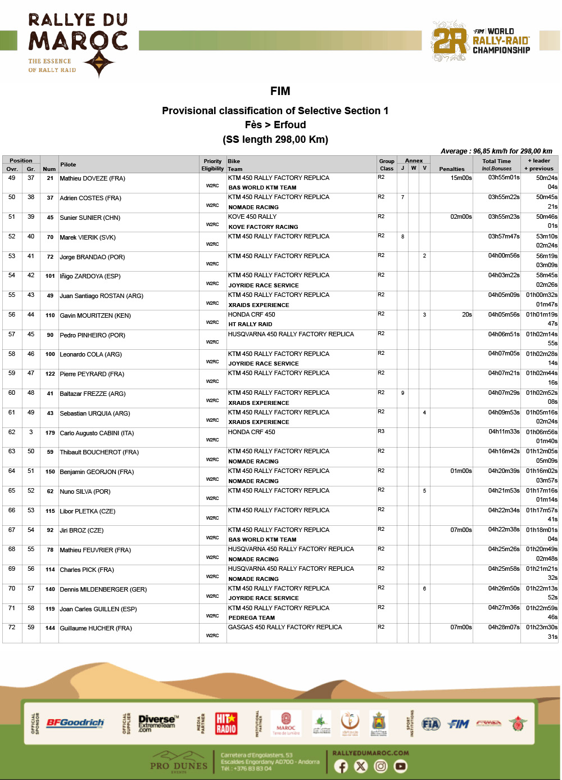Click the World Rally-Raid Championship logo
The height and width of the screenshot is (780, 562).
pyautogui.click(x=481, y=41)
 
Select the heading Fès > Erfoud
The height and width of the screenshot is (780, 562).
pyautogui.click(x=275, y=125)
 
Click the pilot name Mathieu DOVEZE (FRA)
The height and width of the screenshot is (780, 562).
pyautogui.click(x=93, y=178)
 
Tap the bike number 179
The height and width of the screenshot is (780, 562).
pyautogui.click(x=50, y=433)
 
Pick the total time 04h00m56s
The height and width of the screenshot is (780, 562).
pyautogui.click(x=504, y=256)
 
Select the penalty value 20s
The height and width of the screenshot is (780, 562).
pyautogui.click(x=466, y=315)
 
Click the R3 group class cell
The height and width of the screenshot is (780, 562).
pyautogui.click(x=381, y=431)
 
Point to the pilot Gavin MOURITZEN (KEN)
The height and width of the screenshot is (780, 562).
pyautogui.click(x=95, y=315)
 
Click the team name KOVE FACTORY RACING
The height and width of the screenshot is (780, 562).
pyautogui.click(x=263, y=227)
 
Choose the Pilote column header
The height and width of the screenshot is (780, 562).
pyautogui.click(x=68, y=165)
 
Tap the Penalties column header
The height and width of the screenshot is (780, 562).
pyautogui.click(x=451, y=169)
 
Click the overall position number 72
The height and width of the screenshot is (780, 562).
pyautogui.click(x=12, y=627)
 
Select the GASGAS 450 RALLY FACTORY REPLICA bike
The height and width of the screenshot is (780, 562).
pyautogui.click(x=285, y=627)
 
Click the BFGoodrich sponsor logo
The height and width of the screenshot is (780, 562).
pyautogui.click(x=75, y=723)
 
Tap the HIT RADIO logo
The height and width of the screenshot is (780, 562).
pyautogui.click(x=226, y=723)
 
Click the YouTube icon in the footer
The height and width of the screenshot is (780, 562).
pyautogui.click(x=400, y=766)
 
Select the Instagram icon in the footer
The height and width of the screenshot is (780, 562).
pyautogui.click(x=380, y=766)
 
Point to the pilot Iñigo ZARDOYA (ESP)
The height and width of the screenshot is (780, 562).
pyautogui.click(x=90, y=276)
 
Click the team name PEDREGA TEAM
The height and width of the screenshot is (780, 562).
pyautogui.click(x=251, y=617)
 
